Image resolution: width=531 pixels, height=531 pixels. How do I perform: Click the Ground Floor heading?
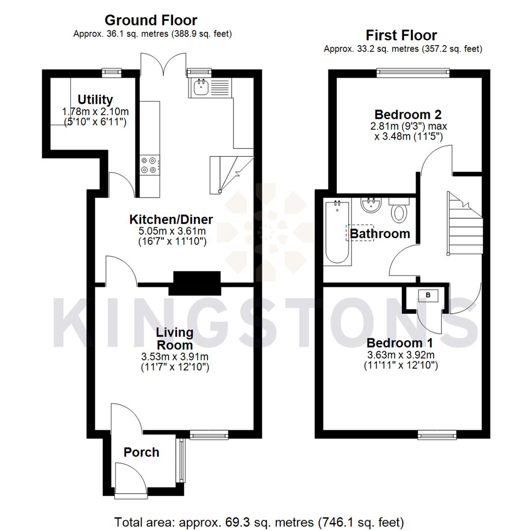[151, 20]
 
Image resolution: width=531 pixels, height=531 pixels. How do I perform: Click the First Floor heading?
[401, 35]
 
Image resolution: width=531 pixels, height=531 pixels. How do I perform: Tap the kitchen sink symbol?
[202, 88]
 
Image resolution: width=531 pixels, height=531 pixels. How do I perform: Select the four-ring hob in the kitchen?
[150, 165]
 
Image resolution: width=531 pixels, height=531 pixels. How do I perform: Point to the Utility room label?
[95, 100]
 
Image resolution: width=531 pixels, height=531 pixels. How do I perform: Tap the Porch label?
[142, 452]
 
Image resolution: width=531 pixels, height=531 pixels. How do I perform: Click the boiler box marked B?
[427, 295]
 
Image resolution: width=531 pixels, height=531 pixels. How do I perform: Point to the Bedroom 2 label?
[408, 114]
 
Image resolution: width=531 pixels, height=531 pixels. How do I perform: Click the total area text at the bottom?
[259, 521]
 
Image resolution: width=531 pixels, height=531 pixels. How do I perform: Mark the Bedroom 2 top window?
[413, 72]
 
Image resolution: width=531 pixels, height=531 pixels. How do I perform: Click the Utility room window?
[112, 72]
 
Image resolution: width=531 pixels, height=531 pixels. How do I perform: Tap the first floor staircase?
[465, 224]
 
